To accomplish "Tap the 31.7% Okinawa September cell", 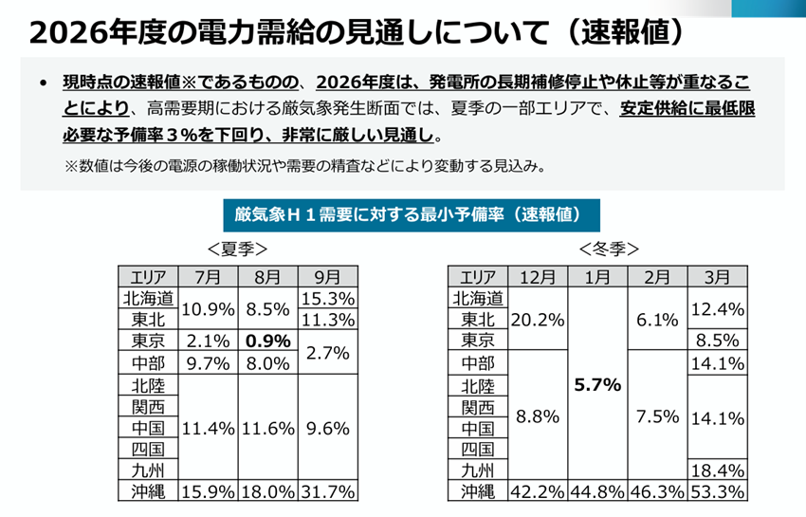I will tap(327, 492).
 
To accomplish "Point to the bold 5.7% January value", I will tap(597, 385).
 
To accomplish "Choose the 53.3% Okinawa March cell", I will tap(718, 492).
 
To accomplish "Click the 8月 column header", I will tap(267, 277).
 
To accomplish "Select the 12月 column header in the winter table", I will tap(538, 277).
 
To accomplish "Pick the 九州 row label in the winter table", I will tap(477, 471).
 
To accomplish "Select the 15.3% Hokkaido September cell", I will tap(327, 298).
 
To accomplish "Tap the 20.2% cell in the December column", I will tap(538, 320).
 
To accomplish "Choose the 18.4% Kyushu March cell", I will tap(718, 471).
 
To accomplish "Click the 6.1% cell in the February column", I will tap(657, 320).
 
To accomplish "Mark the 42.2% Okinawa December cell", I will tap(538, 492).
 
